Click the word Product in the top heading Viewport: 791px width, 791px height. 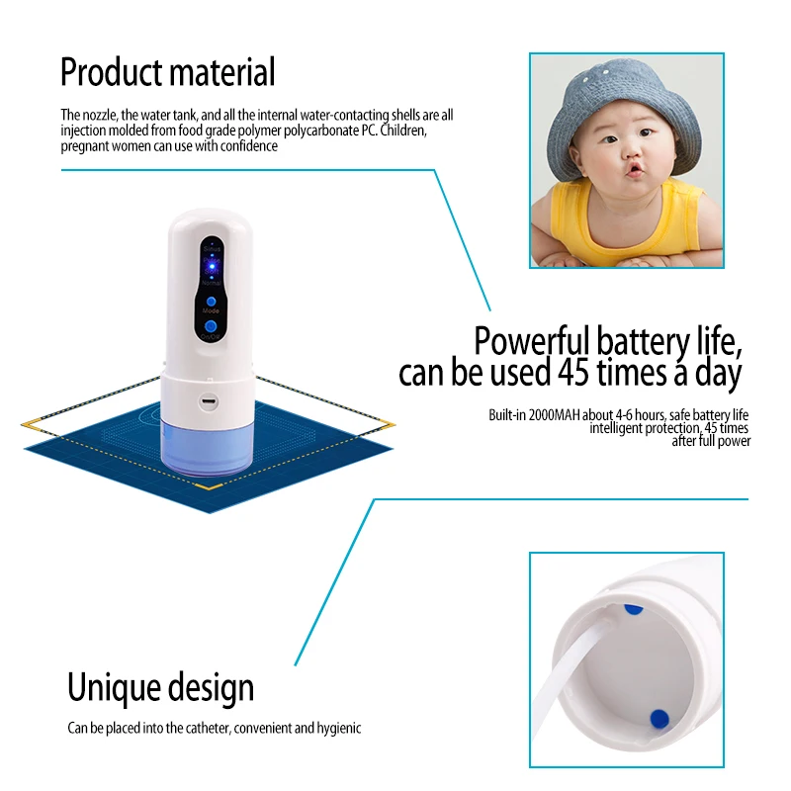coord(111,72)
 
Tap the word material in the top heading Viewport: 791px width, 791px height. coord(221,72)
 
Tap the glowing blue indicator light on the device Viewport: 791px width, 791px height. coord(211,265)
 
